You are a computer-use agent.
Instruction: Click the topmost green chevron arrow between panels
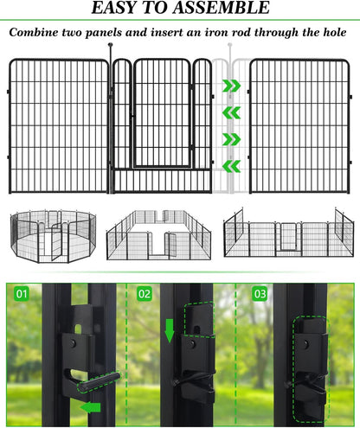[x=230, y=86]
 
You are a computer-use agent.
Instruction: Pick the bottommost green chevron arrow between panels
[x=230, y=166]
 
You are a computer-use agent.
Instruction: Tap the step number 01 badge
[x=21, y=294]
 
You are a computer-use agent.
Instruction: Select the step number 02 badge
[x=144, y=294]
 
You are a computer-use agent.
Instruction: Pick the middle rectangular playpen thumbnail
[x=158, y=235]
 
